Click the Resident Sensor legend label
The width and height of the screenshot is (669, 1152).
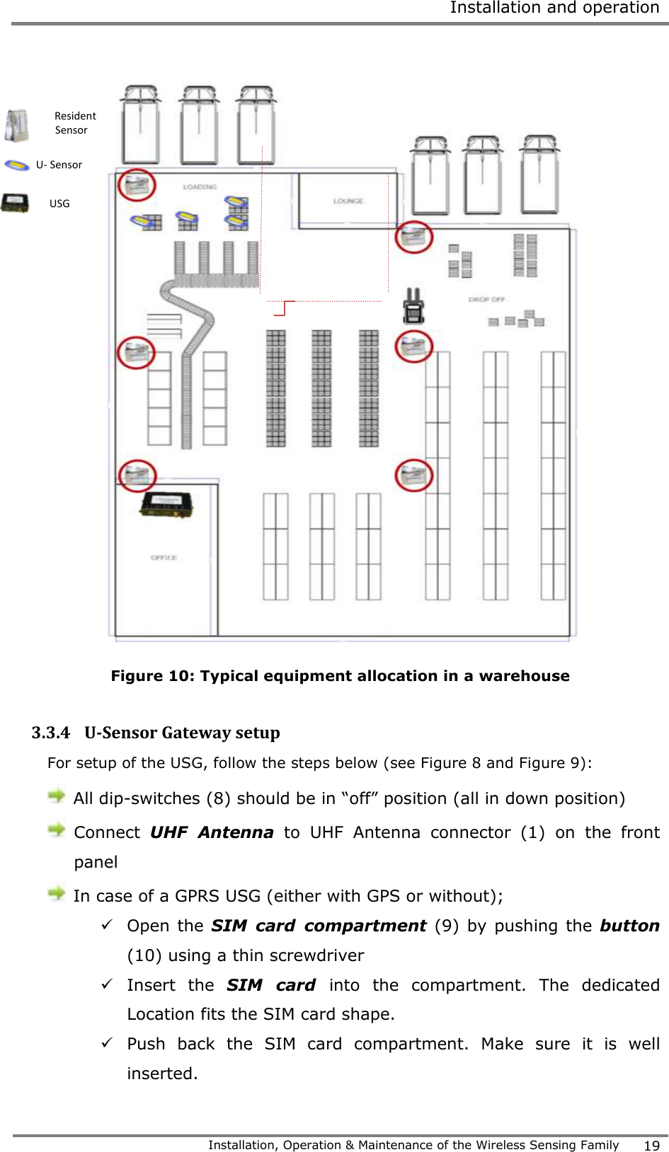click(x=74, y=123)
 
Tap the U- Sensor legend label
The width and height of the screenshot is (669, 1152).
click(x=59, y=165)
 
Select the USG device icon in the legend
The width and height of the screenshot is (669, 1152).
click(x=15, y=203)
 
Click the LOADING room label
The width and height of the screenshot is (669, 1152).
click(x=200, y=187)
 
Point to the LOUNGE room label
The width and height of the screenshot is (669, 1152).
click(x=348, y=201)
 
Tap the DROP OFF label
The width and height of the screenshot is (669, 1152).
click(x=486, y=299)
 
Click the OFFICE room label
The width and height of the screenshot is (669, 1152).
click(x=164, y=557)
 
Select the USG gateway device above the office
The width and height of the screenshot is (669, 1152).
click(x=167, y=505)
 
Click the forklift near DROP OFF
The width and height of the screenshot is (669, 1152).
click(x=413, y=306)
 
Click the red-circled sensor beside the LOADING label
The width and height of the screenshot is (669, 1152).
click(x=137, y=185)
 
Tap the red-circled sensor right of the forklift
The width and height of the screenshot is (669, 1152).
click(x=413, y=347)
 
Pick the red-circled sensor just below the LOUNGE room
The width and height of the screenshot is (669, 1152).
click(x=413, y=237)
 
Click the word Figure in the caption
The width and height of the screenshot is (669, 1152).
click(x=137, y=676)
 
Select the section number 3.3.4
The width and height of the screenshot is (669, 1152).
click(x=50, y=733)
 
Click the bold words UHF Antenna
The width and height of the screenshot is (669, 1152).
click(x=212, y=832)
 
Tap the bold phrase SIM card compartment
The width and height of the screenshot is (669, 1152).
click(x=319, y=926)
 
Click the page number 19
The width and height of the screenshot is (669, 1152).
click(x=651, y=1146)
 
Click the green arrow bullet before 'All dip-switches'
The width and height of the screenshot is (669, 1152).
click(x=57, y=797)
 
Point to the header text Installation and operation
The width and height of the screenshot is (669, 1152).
click(x=554, y=8)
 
